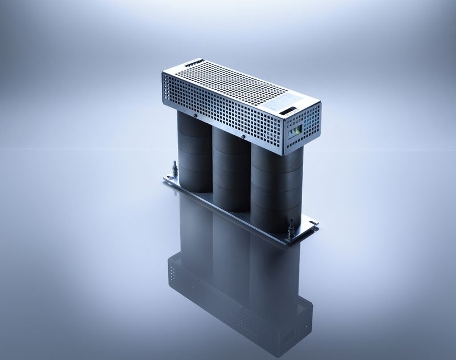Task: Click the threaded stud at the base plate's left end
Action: coord(174,169)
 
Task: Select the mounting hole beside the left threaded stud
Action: coord(169,179)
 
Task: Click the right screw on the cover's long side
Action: coord(243,137)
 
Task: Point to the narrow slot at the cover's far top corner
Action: coord(194,60)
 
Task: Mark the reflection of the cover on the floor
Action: coord(239,302)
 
